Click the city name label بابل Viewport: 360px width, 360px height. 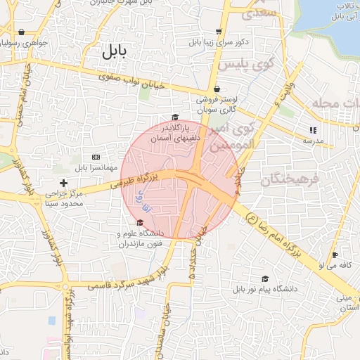point(112,51)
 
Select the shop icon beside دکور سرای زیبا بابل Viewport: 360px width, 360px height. point(219,32)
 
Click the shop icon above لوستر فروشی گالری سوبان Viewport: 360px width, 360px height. point(216,89)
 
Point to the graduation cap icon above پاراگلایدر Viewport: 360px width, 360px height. point(175,117)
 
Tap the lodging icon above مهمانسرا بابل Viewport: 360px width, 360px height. point(96,156)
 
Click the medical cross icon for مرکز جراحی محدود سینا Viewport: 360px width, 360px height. point(64,183)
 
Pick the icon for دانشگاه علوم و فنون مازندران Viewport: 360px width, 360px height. point(141,223)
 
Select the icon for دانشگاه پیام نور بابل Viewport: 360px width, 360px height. point(265,278)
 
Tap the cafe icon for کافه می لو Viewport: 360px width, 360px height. point(335,255)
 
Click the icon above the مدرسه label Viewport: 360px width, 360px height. point(313,130)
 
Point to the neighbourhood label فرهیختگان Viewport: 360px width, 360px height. point(290,180)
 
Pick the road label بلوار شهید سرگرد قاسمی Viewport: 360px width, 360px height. point(129,281)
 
